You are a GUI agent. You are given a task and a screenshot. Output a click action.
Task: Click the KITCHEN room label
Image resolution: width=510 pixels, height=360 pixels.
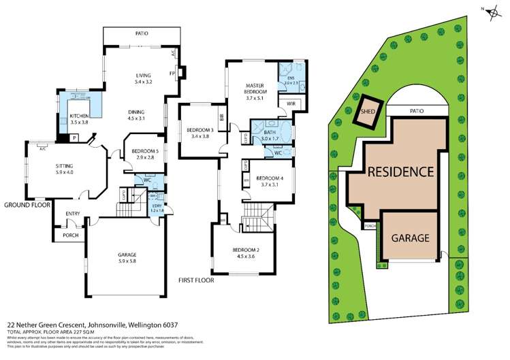coord(80,119)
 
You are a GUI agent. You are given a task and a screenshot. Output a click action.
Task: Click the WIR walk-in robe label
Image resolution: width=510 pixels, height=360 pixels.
coord(290,103)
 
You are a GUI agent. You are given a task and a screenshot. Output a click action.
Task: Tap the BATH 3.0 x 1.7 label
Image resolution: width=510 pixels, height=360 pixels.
coord(270,135)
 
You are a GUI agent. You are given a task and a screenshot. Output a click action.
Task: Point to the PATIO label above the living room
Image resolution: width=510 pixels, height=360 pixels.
coord(142,33)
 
